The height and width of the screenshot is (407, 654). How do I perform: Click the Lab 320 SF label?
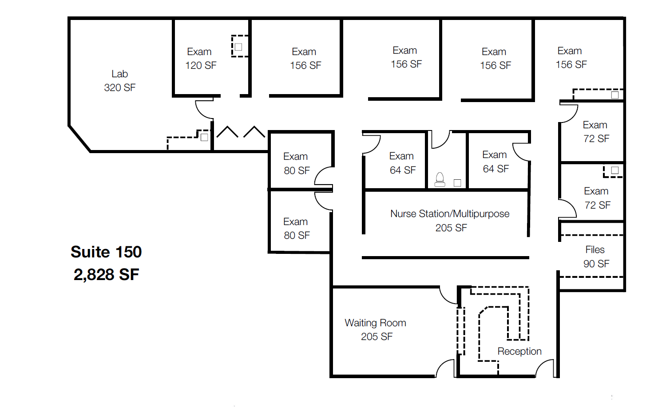[x=120, y=81]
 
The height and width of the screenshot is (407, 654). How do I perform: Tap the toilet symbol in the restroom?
[x=440, y=179]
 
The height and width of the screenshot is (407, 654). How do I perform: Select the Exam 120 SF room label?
[x=201, y=59]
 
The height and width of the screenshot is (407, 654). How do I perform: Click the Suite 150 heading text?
[x=106, y=252]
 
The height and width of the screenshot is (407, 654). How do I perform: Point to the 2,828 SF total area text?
[x=106, y=274]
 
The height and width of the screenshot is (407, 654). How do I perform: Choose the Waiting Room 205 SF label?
[x=376, y=330]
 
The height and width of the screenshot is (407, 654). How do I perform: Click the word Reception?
[x=519, y=352]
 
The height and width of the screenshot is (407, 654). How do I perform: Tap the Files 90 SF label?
[x=596, y=257]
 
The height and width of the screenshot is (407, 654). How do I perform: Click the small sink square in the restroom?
[x=457, y=183]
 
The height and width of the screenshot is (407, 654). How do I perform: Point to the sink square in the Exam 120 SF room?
[x=238, y=47]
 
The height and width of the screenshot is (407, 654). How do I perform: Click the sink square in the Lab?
[x=204, y=137]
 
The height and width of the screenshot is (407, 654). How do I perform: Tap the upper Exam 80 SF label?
[x=296, y=163]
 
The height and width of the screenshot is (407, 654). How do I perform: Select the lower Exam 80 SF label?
[x=296, y=228]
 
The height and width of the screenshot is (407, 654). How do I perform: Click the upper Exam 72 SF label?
[x=596, y=132]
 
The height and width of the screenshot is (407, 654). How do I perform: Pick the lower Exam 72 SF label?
[x=597, y=198]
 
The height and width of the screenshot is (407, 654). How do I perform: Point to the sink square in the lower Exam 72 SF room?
[x=614, y=170]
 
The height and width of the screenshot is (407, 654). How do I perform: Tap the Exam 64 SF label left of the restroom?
[x=402, y=163]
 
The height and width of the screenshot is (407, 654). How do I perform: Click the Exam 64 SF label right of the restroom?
[x=495, y=162]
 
